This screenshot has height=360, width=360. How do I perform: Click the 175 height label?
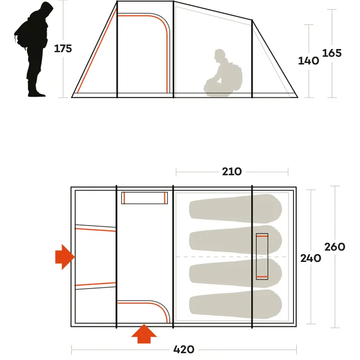[63, 49]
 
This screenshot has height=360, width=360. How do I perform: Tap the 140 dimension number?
[308, 61]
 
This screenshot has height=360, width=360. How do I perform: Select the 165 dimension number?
[332, 53]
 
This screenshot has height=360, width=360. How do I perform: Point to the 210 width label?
[232, 171]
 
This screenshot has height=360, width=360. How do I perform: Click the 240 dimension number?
[310, 258]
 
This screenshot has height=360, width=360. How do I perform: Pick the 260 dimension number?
[335, 247]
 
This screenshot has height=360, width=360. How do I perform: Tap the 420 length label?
[184, 350]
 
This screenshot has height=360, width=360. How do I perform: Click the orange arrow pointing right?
[65, 256]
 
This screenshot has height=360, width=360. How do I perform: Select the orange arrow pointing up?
[144, 333]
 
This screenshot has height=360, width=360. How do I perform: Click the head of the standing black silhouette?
[47, 9]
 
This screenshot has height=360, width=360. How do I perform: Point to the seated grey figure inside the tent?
[223, 73]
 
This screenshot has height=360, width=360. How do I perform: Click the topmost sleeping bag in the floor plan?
[235, 209]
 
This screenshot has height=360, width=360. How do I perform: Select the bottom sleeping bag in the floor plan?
[235, 304]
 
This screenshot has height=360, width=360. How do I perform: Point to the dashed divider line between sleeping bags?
[231, 256]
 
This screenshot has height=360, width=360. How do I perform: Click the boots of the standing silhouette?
[36, 94]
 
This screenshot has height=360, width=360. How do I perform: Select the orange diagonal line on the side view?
[97, 51]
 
